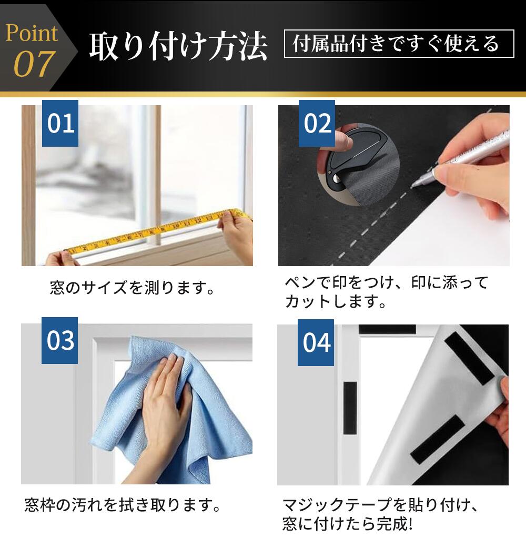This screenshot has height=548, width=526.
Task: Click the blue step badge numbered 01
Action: point(60,123)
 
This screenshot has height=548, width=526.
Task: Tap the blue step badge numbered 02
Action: point(317,123)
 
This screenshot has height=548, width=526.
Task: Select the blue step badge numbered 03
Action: point(60,340)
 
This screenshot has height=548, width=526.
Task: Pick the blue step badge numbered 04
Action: point(316,342)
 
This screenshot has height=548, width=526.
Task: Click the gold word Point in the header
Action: point(32,33)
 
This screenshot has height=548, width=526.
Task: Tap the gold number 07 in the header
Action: point(34,64)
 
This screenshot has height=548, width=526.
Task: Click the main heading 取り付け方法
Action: point(178,46)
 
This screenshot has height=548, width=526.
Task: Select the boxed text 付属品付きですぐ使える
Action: point(399,44)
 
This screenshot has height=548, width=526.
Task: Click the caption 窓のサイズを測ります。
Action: point(132,288)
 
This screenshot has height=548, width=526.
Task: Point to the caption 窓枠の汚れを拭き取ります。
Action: point(123,505)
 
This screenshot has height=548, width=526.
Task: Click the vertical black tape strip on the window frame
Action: point(350,408)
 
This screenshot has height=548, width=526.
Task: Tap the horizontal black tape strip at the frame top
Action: point(387,329)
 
